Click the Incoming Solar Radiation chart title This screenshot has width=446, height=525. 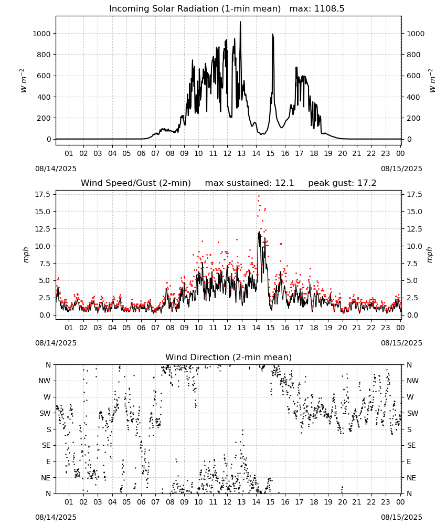pyautogui.click(x=195, y=8)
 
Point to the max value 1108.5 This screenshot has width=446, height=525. pyautogui.click(x=329, y=8)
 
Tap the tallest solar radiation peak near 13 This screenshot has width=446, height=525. pyautogui.click(x=240, y=22)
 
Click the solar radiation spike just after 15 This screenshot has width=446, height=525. pyautogui.click(x=273, y=35)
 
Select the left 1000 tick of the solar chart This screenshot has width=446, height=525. pyautogui.click(x=42, y=34)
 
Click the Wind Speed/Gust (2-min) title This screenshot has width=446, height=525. pyautogui.click(x=136, y=183)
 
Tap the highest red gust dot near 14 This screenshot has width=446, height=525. pyautogui.click(x=259, y=196)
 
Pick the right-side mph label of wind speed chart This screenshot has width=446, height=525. pyautogui.click(x=430, y=255)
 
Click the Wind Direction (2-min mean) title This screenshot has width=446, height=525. pyautogui.click(x=229, y=357)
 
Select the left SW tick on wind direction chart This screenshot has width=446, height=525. pyautogui.click(x=45, y=413)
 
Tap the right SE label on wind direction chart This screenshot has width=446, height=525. pyautogui.click(x=411, y=445)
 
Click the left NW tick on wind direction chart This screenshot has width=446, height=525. pyautogui.click(x=45, y=381)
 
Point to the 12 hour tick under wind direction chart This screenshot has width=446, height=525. pyautogui.click(x=227, y=502)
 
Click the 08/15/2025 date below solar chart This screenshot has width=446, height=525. pyautogui.click(x=401, y=169)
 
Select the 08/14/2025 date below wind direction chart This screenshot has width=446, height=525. pyautogui.click(x=56, y=517)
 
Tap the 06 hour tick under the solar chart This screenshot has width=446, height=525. pyautogui.click(x=141, y=153)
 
